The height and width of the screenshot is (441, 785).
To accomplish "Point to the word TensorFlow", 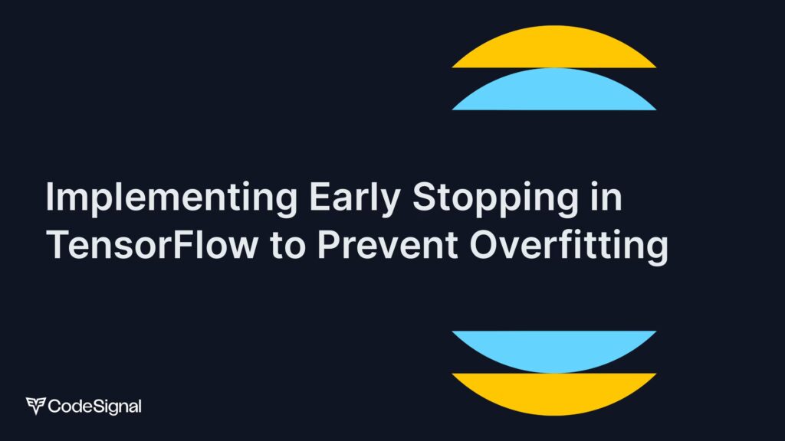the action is (153, 244).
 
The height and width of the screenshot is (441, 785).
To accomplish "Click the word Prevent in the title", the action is (387, 244).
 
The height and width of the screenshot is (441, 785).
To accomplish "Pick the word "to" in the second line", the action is (287, 245).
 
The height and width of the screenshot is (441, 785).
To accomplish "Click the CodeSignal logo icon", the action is (35, 406).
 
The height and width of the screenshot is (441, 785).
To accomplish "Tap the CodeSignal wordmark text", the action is (94, 406).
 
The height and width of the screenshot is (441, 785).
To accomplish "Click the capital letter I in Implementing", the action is (49, 196).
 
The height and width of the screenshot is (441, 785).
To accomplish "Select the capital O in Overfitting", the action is (484, 245).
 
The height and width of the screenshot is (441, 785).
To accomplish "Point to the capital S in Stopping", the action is (424, 196).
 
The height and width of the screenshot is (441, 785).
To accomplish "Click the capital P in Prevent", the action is (329, 245).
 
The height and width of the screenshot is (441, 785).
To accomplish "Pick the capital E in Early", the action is (320, 196).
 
